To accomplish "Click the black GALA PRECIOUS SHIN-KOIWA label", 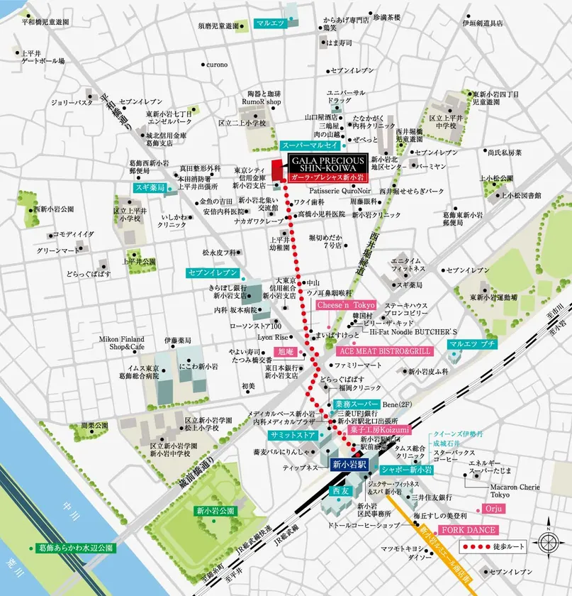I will tap(325, 162).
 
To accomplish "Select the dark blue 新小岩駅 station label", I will tap(348, 465).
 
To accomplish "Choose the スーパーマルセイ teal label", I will tap(309, 145).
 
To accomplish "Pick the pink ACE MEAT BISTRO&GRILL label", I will tap(385, 351).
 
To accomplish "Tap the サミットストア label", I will tap(292, 434).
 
